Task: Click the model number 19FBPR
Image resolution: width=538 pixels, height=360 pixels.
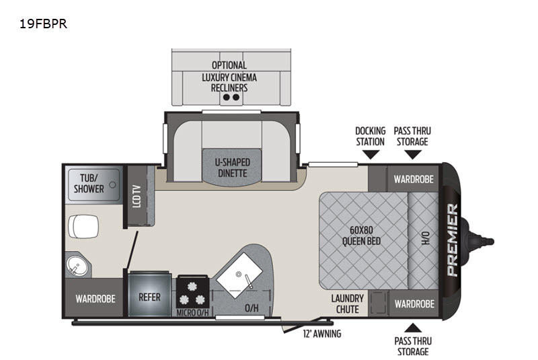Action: pos(43,24)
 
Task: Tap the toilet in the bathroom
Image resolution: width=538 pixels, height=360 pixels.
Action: pos(83,227)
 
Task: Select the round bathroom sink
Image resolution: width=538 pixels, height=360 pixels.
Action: pos(77,265)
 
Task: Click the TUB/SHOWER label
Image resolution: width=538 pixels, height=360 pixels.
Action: pos(89,183)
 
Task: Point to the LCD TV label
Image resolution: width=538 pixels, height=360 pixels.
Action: pos(137,196)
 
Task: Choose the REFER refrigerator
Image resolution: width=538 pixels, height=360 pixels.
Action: pos(149,297)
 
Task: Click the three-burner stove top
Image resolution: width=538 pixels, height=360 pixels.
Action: pos(192,292)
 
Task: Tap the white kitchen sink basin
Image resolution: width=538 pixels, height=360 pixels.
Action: pos(239,275)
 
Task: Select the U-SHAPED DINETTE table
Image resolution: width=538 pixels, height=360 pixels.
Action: pos(232,168)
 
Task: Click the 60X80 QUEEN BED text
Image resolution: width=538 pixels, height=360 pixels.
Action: pos(361,236)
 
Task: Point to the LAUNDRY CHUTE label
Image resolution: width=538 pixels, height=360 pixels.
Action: pos(347,303)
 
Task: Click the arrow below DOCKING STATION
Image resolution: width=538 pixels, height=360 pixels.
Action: pos(371,155)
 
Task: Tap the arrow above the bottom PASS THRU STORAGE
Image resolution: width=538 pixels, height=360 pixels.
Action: pos(413,328)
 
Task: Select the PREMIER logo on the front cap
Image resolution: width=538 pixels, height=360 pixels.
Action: pos(453,240)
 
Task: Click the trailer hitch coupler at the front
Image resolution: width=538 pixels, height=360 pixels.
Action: pos(479,242)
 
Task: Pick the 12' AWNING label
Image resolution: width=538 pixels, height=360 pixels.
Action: pos(322,334)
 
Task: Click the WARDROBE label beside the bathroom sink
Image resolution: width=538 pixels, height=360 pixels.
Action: pos(95,299)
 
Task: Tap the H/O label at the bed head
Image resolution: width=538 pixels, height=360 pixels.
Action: pos(425,238)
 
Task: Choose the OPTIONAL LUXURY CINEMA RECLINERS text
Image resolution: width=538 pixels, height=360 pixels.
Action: pos(229,77)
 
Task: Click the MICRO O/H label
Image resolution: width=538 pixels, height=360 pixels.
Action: pos(192,313)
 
